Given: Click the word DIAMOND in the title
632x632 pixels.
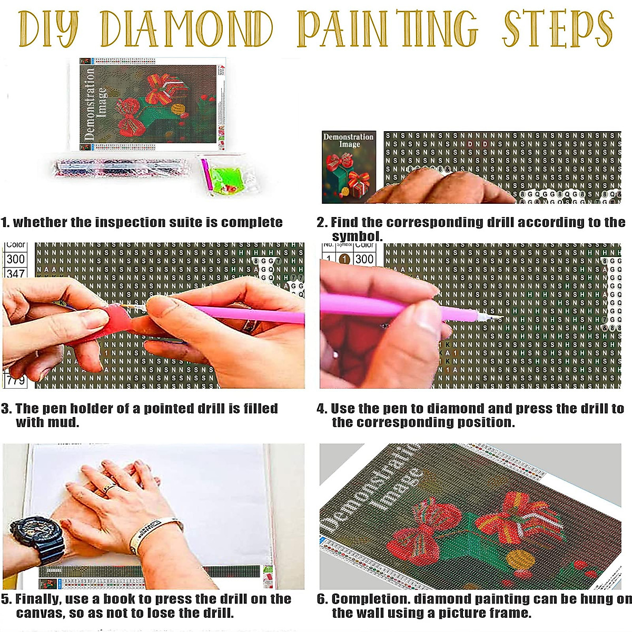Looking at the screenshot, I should point(187,28).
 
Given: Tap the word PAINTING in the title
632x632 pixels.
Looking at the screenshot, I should point(387,28).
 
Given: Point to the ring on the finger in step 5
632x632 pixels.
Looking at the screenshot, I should point(109,488).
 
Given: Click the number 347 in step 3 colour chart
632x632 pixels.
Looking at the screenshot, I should point(15,273).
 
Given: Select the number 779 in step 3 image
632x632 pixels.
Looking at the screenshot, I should point(16,380).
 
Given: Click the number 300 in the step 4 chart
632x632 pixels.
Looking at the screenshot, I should point(364,259).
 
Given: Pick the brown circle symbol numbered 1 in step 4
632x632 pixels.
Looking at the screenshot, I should point(344,259).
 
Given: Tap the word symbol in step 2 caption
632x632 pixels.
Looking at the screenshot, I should point(357,236).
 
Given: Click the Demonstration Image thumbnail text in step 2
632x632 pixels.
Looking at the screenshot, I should point(349,140).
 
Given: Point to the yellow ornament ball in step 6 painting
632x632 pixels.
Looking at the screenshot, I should point(519,559).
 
